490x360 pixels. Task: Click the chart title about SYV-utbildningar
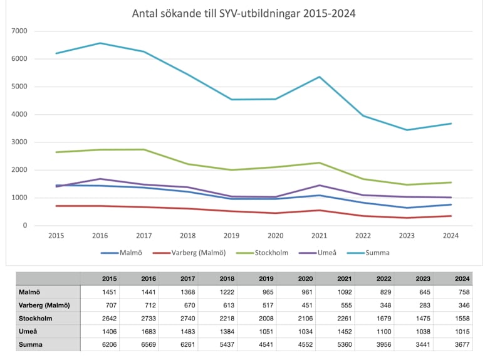click(244, 13)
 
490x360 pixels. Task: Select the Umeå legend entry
click(326, 253)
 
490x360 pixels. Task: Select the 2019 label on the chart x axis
click(231, 236)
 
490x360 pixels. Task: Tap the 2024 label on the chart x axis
click(451, 236)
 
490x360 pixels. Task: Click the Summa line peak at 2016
click(100, 43)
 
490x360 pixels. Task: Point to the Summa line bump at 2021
click(319, 77)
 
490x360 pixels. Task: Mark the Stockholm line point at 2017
click(144, 149)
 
